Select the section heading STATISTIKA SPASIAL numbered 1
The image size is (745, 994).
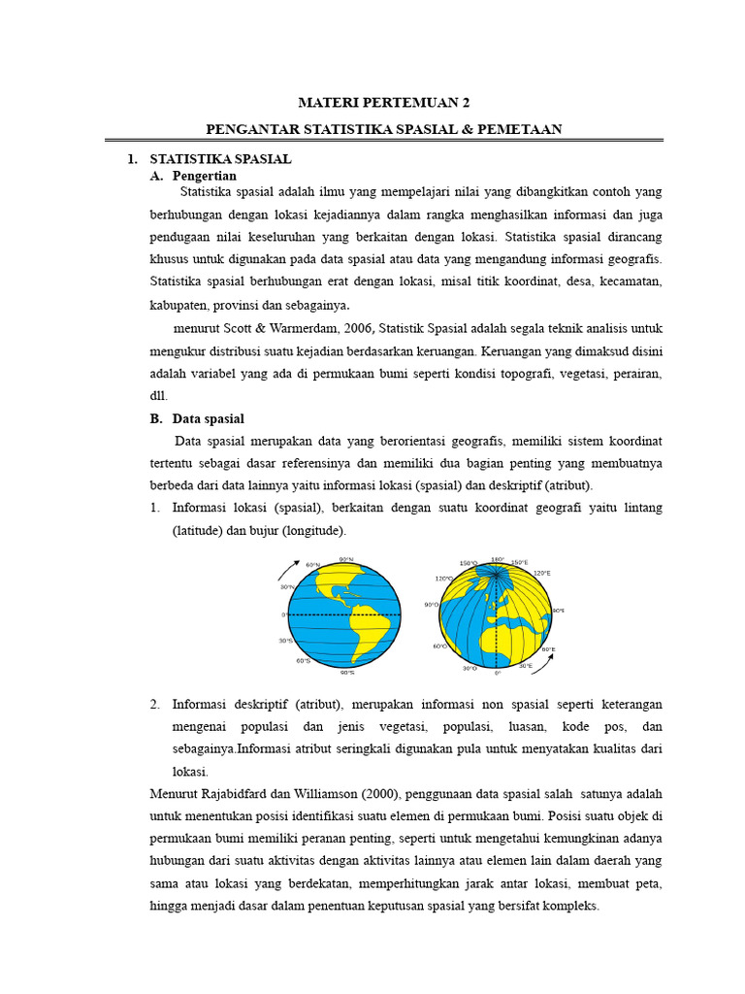[x=220, y=158]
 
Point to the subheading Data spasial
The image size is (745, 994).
[x=209, y=418]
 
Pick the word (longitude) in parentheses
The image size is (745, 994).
[x=311, y=531]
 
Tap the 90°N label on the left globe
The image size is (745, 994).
[x=346, y=559]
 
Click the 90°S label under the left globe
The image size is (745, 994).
[x=347, y=671]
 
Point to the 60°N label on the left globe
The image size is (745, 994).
[x=312, y=565]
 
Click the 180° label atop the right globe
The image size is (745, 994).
[x=498, y=559]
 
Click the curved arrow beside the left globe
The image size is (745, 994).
[x=288, y=570]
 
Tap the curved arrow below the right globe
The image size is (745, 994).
[x=546, y=662]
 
